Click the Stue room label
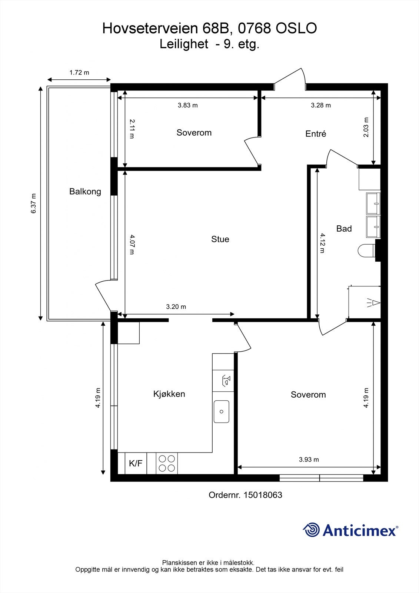[220, 239]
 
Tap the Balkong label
[85, 192]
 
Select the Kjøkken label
[169, 394]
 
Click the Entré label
[316, 134]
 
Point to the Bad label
[344, 229]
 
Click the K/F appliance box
[136, 463]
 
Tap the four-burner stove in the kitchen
[167, 463]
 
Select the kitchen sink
[221, 411]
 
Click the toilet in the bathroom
[367, 251]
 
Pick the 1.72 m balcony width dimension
[79, 73]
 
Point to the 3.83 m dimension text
[187, 105]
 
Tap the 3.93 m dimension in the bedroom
[309, 460]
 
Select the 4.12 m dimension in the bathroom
[322, 243]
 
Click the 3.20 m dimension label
[176, 307]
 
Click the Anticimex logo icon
[311, 530]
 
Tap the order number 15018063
[263, 495]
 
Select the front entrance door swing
[290, 79]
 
